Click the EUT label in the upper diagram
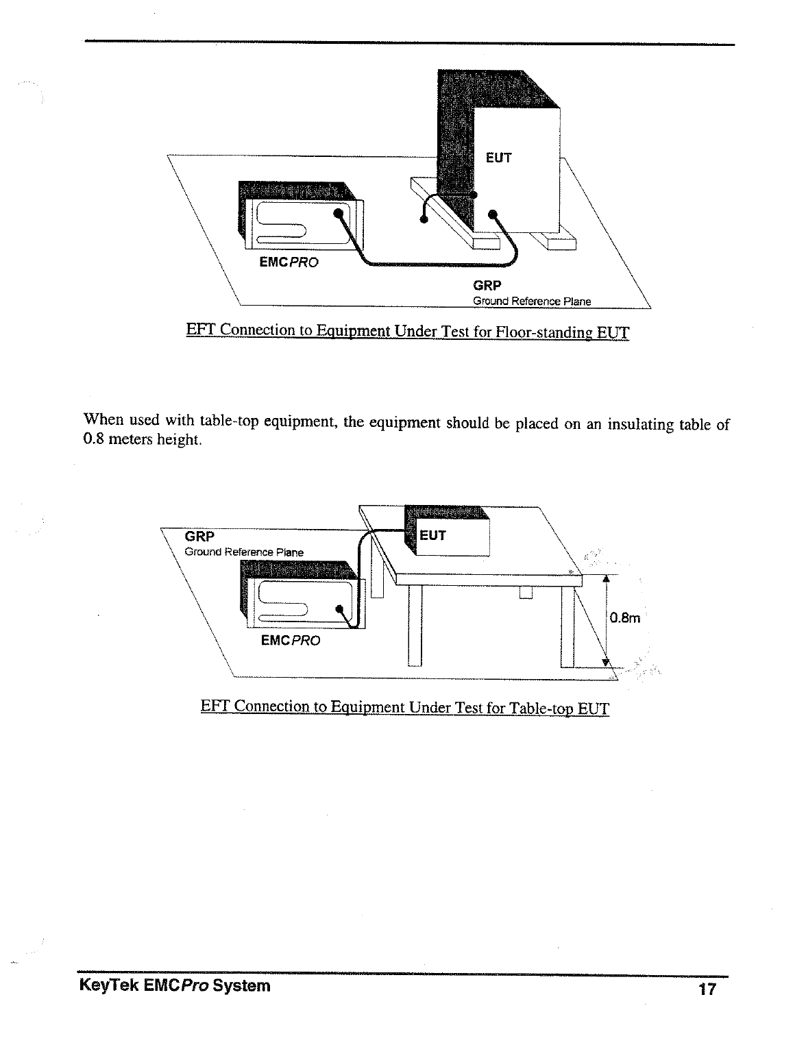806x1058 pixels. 498,158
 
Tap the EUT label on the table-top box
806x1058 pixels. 432,535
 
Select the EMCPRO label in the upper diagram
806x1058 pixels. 289,262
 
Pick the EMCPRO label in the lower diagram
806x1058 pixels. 291,641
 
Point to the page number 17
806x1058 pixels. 707,989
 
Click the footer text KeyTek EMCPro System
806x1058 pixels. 175,986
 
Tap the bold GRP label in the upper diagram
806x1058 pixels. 487,286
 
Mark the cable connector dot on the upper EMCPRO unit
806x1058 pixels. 337,212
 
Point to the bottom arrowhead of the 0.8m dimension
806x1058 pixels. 605,661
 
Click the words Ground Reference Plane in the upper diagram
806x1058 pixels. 532,302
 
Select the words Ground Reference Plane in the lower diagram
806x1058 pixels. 244,552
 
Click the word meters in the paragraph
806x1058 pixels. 131,440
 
